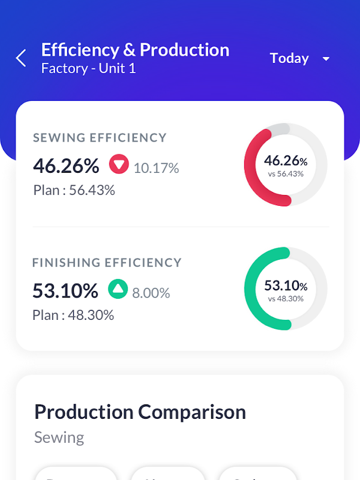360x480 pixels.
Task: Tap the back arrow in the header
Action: (x=21, y=58)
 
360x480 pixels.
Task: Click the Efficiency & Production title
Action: (x=135, y=50)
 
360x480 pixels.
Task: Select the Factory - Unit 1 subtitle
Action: (x=89, y=68)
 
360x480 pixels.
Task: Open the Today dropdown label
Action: (x=289, y=58)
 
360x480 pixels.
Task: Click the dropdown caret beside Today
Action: (x=326, y=59)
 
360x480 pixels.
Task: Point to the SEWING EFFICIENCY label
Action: (x=100, y=138)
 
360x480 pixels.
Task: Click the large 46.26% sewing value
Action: (x=66, y=165)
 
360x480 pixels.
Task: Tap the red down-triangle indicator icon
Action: (x=119, y=164)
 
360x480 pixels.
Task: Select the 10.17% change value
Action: (x=156, y=168)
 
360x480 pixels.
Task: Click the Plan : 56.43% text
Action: (x=74, y=190)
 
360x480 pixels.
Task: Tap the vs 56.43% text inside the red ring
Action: (x=286, y=174)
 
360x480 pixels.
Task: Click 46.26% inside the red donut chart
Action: (x=286, y=161)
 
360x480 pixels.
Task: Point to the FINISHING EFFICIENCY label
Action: (x=107, y=263)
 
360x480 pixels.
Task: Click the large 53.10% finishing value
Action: (x=65, y=291)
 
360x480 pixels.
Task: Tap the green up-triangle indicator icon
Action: (x=118, y=289)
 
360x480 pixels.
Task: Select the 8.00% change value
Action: (x=151, y=293)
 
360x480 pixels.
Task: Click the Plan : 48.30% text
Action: (x=73, y=315)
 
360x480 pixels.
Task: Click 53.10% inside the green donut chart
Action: (x=286, y=286)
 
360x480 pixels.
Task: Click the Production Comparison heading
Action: (x=140, y=412)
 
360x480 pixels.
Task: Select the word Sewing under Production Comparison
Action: (x=59, y=437)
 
